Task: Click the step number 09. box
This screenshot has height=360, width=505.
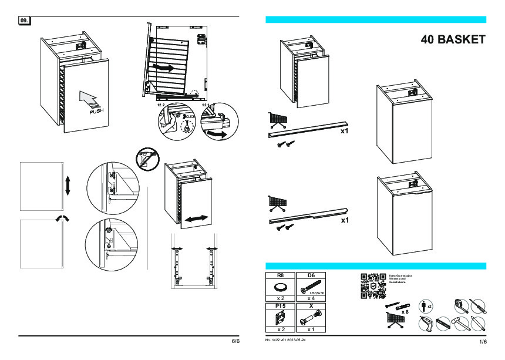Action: coord(25,21)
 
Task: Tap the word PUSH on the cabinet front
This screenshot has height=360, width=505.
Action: coord(97,110)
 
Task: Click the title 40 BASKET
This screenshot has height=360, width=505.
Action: coord(453,40)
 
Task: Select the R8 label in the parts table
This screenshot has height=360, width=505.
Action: coord(280,275)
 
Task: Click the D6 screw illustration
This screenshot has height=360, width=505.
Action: coord(311,287)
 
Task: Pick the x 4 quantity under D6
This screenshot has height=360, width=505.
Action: coord(311,298)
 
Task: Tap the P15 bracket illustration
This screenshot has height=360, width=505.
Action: coord(280,318)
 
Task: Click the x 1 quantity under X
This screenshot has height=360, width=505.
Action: coord(311,329)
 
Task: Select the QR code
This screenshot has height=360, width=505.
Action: coord(372,286)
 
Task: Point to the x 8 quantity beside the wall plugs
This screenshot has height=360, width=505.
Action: coord(405,312)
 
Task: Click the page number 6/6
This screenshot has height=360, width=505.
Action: coord(235,341)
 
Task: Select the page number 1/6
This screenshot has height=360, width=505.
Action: coord(483,341)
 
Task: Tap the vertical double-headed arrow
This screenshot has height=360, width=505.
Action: coord(68,185)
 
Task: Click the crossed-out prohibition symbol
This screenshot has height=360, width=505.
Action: coord(149,158)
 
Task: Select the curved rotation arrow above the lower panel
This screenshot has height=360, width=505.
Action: coord(62,218)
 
